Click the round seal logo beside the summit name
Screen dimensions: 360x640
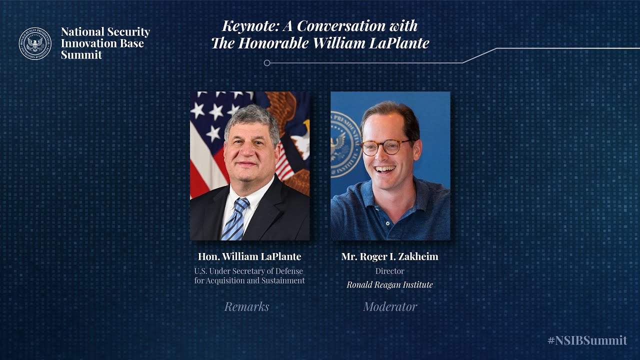(35, 43)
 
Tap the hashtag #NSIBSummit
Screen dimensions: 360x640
(587, 340)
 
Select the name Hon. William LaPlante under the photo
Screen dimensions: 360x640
(249, 257)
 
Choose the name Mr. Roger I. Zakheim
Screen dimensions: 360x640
(389, 257)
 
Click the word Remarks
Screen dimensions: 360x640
(246, 306)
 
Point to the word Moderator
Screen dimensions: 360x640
(390, 306)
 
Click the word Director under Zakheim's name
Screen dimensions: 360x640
(389, 271)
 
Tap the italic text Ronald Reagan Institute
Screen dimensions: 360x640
(389, 284)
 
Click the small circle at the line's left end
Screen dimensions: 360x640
(267, 63)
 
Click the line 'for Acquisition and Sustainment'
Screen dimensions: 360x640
(249, 280)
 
